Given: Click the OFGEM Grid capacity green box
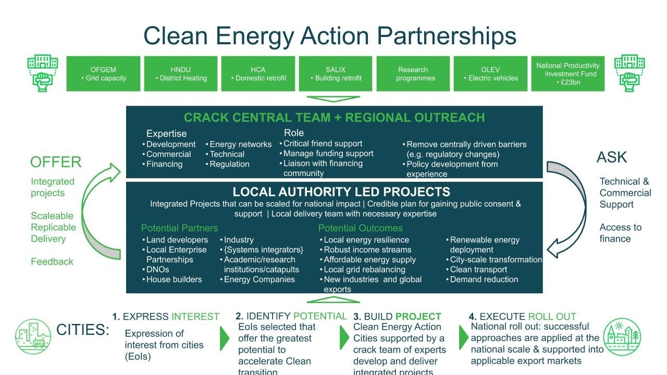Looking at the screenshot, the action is pyautogui.click(x=103, y=73).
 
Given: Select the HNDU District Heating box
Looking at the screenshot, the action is pyautogui.click(x=181, y=73).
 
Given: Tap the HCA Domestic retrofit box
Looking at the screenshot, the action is pyautogui.click(x=258, y=73).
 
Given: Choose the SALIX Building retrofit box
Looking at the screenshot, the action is pyautogui.click(x=336, y=73).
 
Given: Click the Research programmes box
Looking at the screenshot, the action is pyautogui.click(x=413, y=73).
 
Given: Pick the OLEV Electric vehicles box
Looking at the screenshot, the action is pyautogui.click(x=490, y=73).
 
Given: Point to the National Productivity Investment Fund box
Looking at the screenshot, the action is pyautogui.click(x=568, y=73).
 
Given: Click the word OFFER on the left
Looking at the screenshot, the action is pyautogui.click(x=56, y=162).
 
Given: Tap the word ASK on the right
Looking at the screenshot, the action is pyautogui.click(x=612, y=157).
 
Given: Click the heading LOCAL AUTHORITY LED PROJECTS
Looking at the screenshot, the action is pyautogui.click(x=341, y=192).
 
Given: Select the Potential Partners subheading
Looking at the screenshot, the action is pyautogui.click(x=180, y=228).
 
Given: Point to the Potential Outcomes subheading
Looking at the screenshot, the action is pyautogui.click(x=360, y=228).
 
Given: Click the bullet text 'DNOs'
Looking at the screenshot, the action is pyautogui.click(x=157, y=269).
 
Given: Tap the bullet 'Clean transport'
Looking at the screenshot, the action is pyautogui.click(x=478, y=269).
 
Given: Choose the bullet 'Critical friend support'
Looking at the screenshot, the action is pyautogui.click(x=323, y=143).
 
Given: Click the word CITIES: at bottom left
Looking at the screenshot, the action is pyautogui.click(x=83, y=330).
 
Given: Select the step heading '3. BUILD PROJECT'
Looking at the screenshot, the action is pyautogui.click(x=397, y=316).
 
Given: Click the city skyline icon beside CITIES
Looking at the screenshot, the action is pyautogui.click(x=33, y=336).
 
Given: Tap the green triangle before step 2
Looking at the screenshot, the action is pyautogui.click(x=225, y=339).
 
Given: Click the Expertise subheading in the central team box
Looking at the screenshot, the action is pyautogui.click(x=166, y=134).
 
